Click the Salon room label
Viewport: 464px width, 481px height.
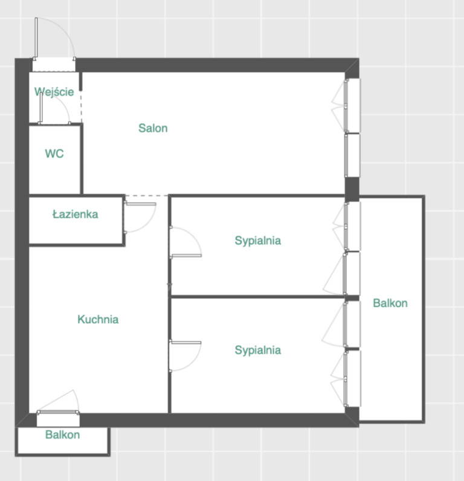153,128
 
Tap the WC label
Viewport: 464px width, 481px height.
54,153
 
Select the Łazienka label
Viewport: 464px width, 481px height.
75,214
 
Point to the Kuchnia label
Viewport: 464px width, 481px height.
98,319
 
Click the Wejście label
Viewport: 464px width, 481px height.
54,91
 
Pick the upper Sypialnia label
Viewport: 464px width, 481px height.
257,240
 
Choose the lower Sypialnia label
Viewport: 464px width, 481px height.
257,350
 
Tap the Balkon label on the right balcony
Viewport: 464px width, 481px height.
390,303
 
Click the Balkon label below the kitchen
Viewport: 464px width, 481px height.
63,434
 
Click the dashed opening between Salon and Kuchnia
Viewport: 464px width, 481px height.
147,195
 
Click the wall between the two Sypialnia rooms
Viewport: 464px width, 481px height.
257,297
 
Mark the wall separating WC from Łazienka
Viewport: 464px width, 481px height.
55,195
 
